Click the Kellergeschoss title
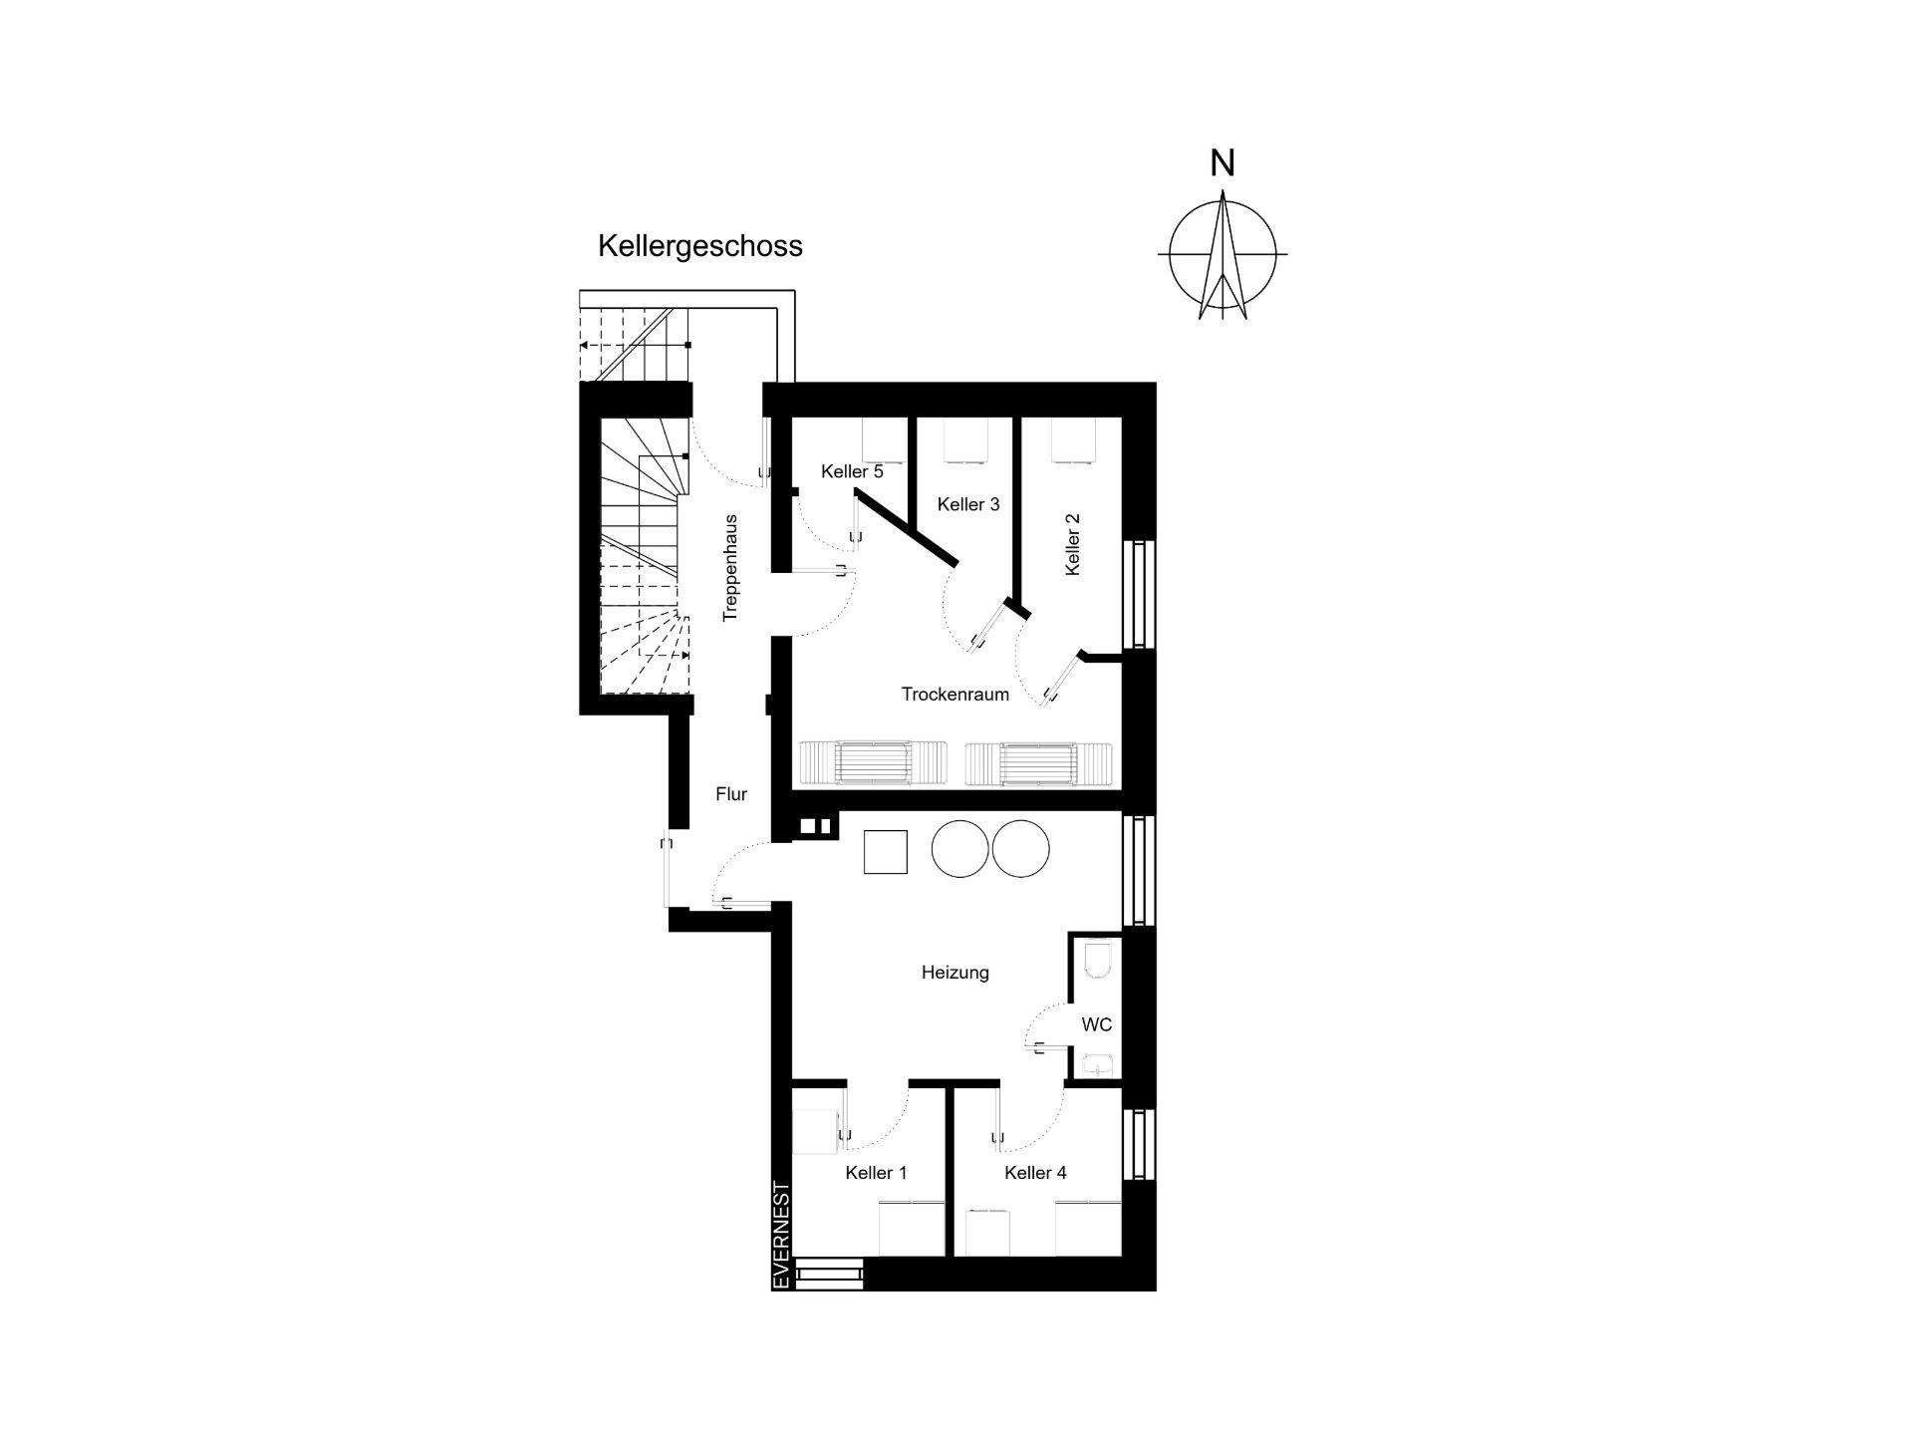(699, 246)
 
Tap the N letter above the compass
(1223, 162)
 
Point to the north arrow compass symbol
(1223, 254)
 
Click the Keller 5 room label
(852, 471)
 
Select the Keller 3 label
(968, 504)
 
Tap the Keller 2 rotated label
(1073, 544)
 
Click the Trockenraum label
(956, 694)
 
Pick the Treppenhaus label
(731, 568)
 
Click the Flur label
(731, 794)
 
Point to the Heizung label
(956, 973)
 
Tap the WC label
(1097, 1024)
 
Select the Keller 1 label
(877, 1173)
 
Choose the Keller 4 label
(1036, 1173)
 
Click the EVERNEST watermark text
(782, 1236)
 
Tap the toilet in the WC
(1096, 959)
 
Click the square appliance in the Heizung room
(886, 852)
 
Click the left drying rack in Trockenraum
(873, 764)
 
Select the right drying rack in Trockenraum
(1038, 764)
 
